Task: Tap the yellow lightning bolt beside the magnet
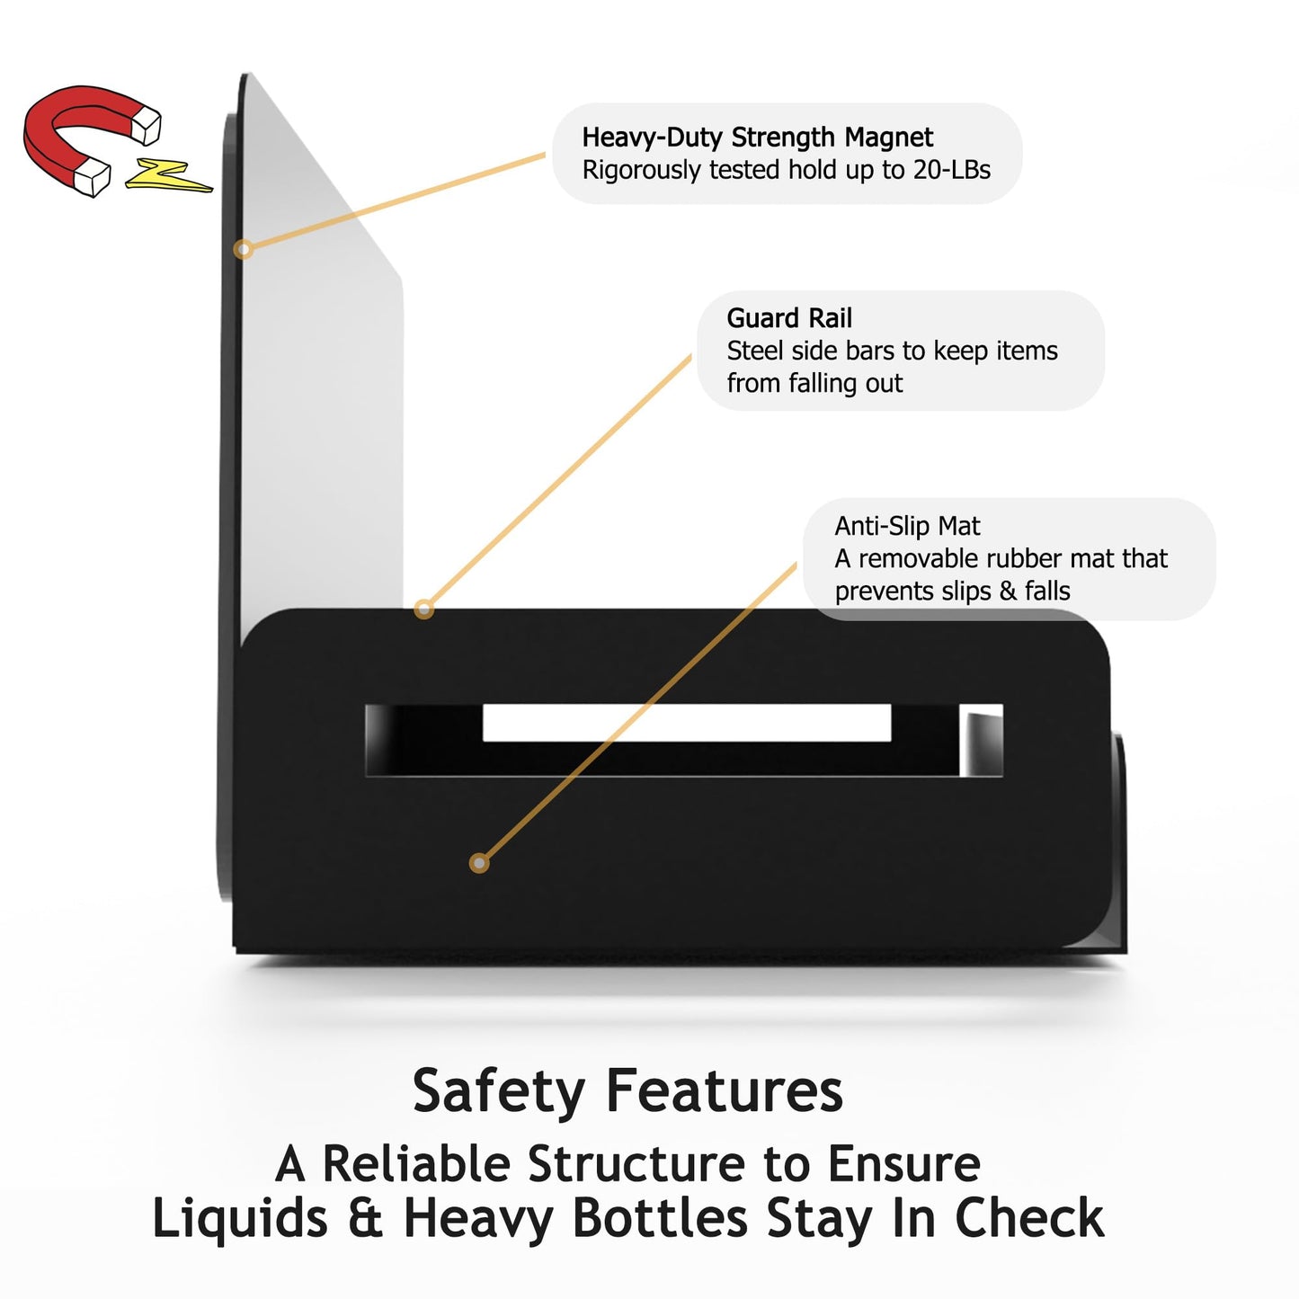point(168,176)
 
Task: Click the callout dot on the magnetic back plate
point(244,249)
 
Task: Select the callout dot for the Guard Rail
point(423,609)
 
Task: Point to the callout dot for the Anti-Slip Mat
point(478,863)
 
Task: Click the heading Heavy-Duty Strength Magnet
point(757,138)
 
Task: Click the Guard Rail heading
point(789,317)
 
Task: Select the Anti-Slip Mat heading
point(907,526)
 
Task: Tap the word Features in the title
point(725,1090)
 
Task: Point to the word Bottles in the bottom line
point(660,1218)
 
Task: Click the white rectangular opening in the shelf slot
point(687,724)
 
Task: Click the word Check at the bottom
point(1030,1218)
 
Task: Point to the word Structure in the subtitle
point(636,1164)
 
